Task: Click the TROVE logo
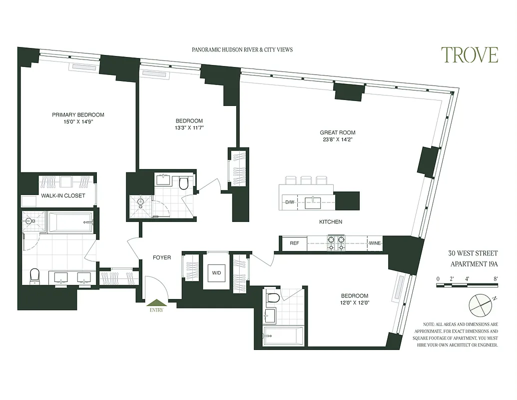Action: click(x=469, y=55)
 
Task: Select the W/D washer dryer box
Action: click(x=217, y=273)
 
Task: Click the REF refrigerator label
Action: click(x=294, y=243)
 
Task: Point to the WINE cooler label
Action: click(x=375, y=243)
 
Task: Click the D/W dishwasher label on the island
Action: click(x=289, y=202)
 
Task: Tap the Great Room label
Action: click(x=338, y=132)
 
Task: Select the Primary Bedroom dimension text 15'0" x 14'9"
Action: click(x=78, y=121)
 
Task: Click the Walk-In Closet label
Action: click(x=63, y=195)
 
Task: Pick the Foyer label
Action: click(x=161, y=257)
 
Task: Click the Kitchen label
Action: click(x=331, y=221)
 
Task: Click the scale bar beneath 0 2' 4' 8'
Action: click(x=467, y=285)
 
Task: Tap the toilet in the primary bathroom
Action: click(x=34, y=275)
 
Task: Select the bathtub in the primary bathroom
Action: click(x=70, y=222)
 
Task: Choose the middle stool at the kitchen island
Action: click(x=306, y=179)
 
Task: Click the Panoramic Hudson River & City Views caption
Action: click(x=242, y=49)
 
